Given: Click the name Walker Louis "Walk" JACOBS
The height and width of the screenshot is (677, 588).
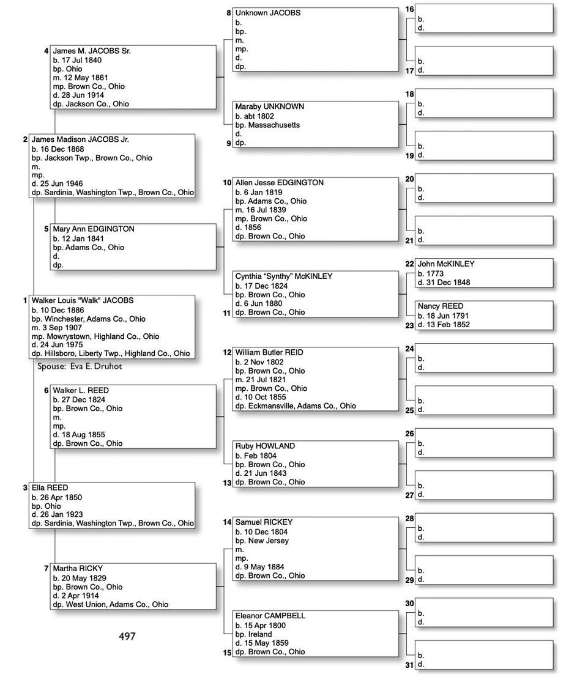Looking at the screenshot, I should [x=83, y=301].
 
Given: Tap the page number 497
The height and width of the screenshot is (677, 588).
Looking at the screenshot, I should [x=127, y=637].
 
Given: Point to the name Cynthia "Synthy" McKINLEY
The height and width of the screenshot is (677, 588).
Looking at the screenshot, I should [x=284, y=276].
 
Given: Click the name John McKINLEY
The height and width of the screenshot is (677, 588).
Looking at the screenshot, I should [x=446, y=264].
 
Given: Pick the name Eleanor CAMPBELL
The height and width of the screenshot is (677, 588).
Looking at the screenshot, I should [x=270, y=616].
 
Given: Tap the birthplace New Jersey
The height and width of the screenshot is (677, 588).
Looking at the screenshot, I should [x=269, y=541].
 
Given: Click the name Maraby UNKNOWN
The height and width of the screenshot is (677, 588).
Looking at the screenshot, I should [x=269, y=106].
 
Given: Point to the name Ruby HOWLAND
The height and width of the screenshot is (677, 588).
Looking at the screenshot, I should [x=265, y=446].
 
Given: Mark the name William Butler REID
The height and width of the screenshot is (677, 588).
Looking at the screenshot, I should [x=269, y=353].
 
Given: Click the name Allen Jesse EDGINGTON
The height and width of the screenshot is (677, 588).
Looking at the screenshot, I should [x=280, y=183].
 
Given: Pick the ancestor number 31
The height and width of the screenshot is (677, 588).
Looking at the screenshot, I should [x=409, y=665].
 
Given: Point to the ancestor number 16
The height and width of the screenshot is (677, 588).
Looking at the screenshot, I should [x=409, y=9].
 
